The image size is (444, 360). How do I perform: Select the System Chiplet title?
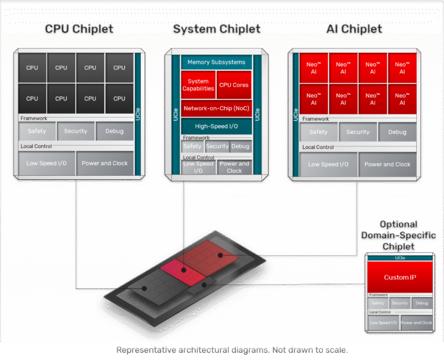216,29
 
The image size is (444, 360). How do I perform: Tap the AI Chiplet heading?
354,29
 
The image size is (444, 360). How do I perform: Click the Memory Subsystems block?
216,62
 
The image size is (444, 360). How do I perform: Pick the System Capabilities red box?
198,85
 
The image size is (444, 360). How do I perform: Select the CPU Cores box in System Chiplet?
234,85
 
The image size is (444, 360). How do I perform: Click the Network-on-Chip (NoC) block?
216,108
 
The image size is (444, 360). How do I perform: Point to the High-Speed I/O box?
216,126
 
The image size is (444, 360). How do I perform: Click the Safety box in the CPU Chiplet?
37,131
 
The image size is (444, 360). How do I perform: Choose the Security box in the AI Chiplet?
358,132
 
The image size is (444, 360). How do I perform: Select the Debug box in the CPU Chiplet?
114,131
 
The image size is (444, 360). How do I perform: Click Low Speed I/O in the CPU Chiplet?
47,163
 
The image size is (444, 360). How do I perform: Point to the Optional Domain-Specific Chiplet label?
398,235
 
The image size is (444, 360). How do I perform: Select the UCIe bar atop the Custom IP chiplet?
400,258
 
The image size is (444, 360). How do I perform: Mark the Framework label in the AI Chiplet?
316,119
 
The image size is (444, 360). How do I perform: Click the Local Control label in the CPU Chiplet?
36,146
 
